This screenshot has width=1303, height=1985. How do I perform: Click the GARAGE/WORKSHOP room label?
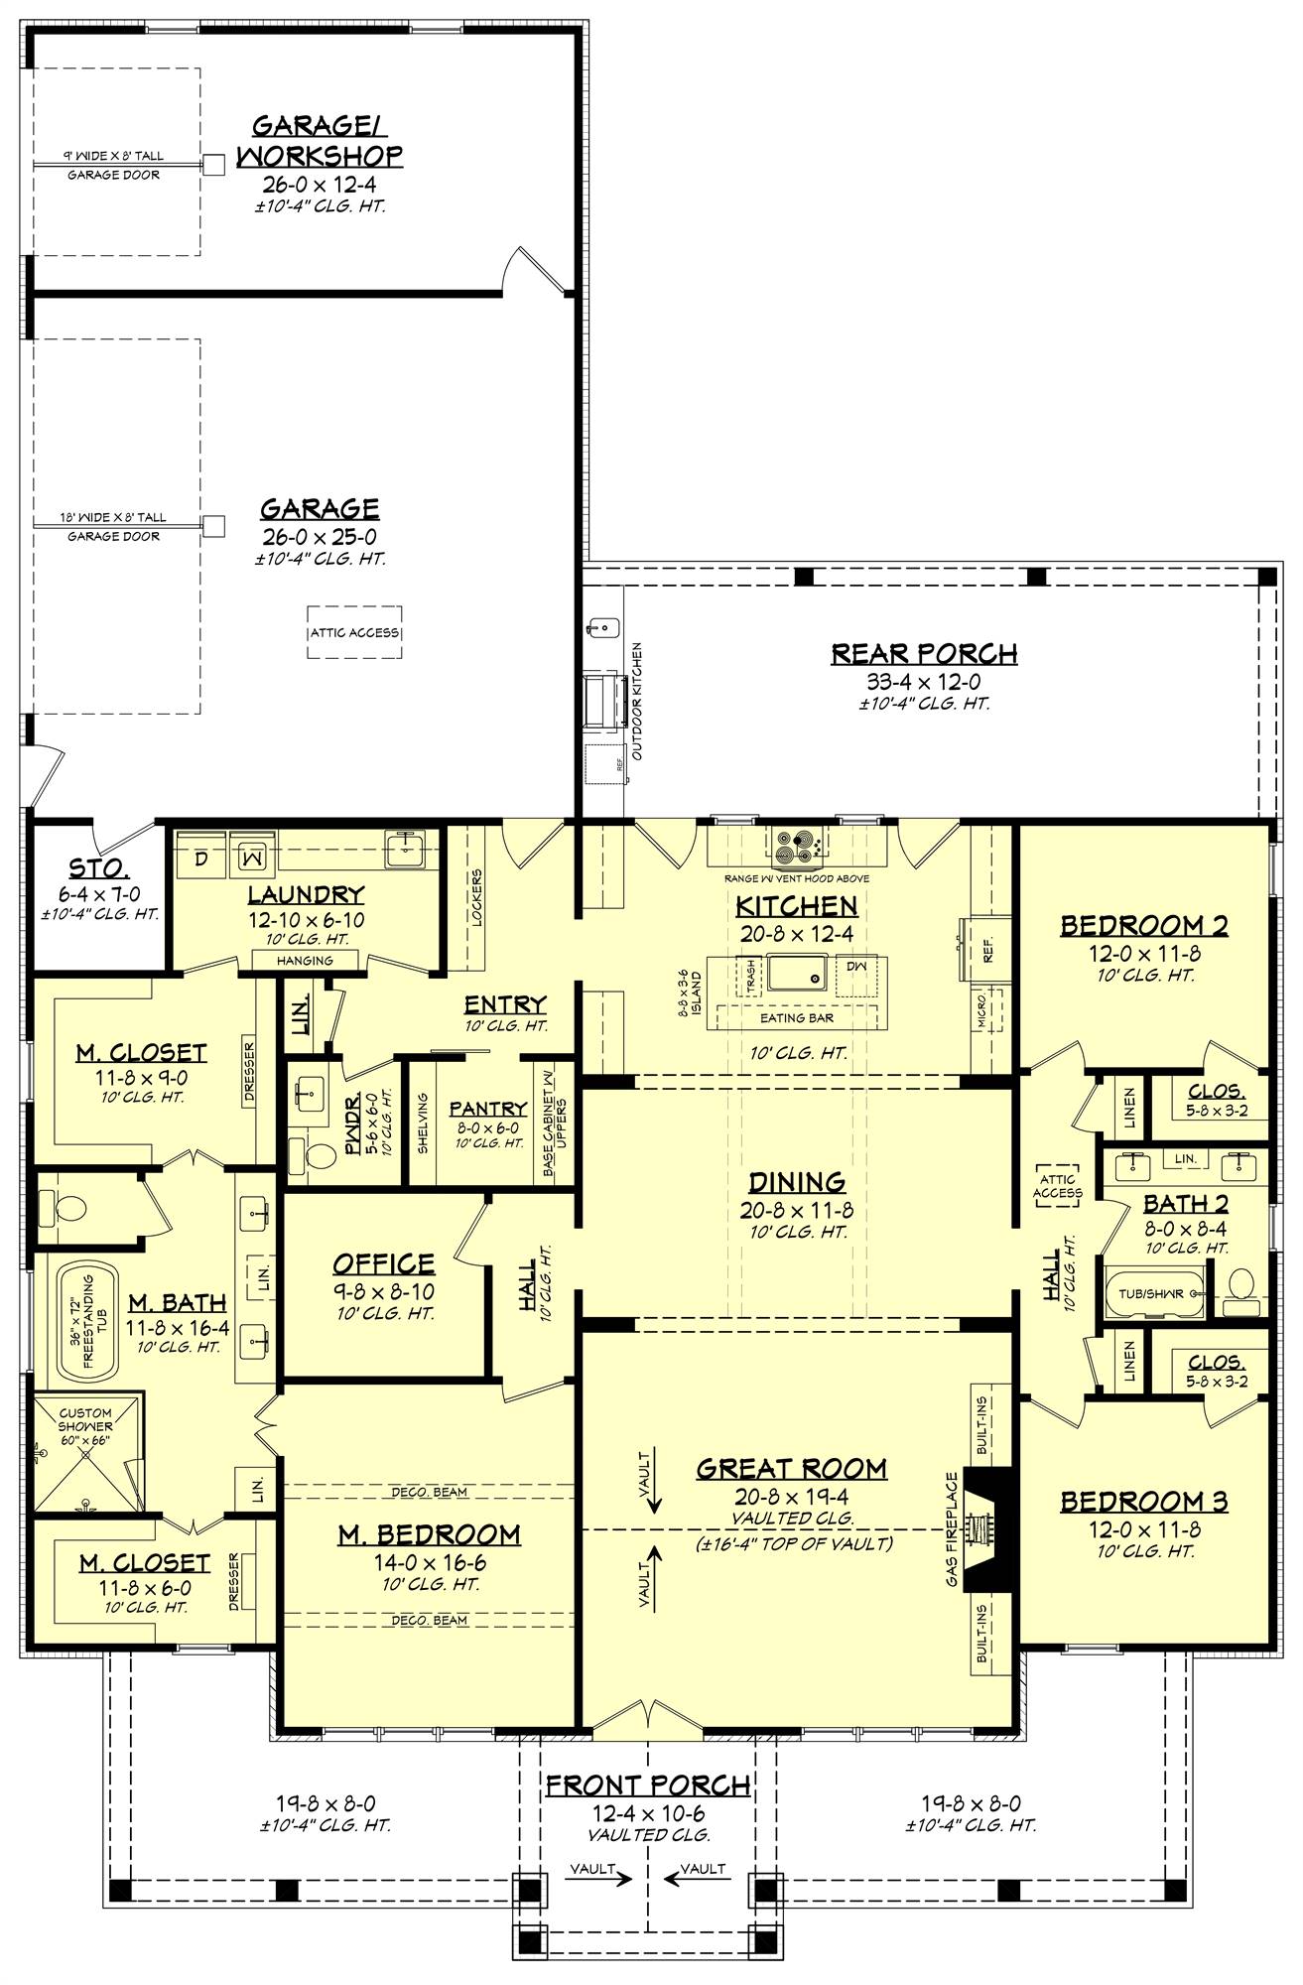(320, 141)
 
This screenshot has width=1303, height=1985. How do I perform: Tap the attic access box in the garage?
(354, 632)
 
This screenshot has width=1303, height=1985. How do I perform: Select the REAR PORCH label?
(924, 654)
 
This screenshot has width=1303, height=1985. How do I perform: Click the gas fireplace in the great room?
(986, 1528)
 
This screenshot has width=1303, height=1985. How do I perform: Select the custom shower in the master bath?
(85, 1454)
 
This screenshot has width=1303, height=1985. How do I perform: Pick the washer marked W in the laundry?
(251, 855)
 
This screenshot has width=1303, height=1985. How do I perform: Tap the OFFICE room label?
(383, 1263)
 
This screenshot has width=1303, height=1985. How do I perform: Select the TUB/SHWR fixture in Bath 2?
(1153, 1294)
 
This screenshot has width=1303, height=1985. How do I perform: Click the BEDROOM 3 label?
(1143, 1502)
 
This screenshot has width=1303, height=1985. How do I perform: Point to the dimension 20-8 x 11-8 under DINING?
(796, 1210)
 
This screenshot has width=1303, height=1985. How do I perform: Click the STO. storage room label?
(98, 869)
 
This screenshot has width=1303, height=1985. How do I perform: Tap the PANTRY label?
(487, 1109)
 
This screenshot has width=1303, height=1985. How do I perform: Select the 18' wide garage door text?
(113, 518)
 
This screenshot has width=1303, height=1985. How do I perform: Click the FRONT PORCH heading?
(647, 1786)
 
